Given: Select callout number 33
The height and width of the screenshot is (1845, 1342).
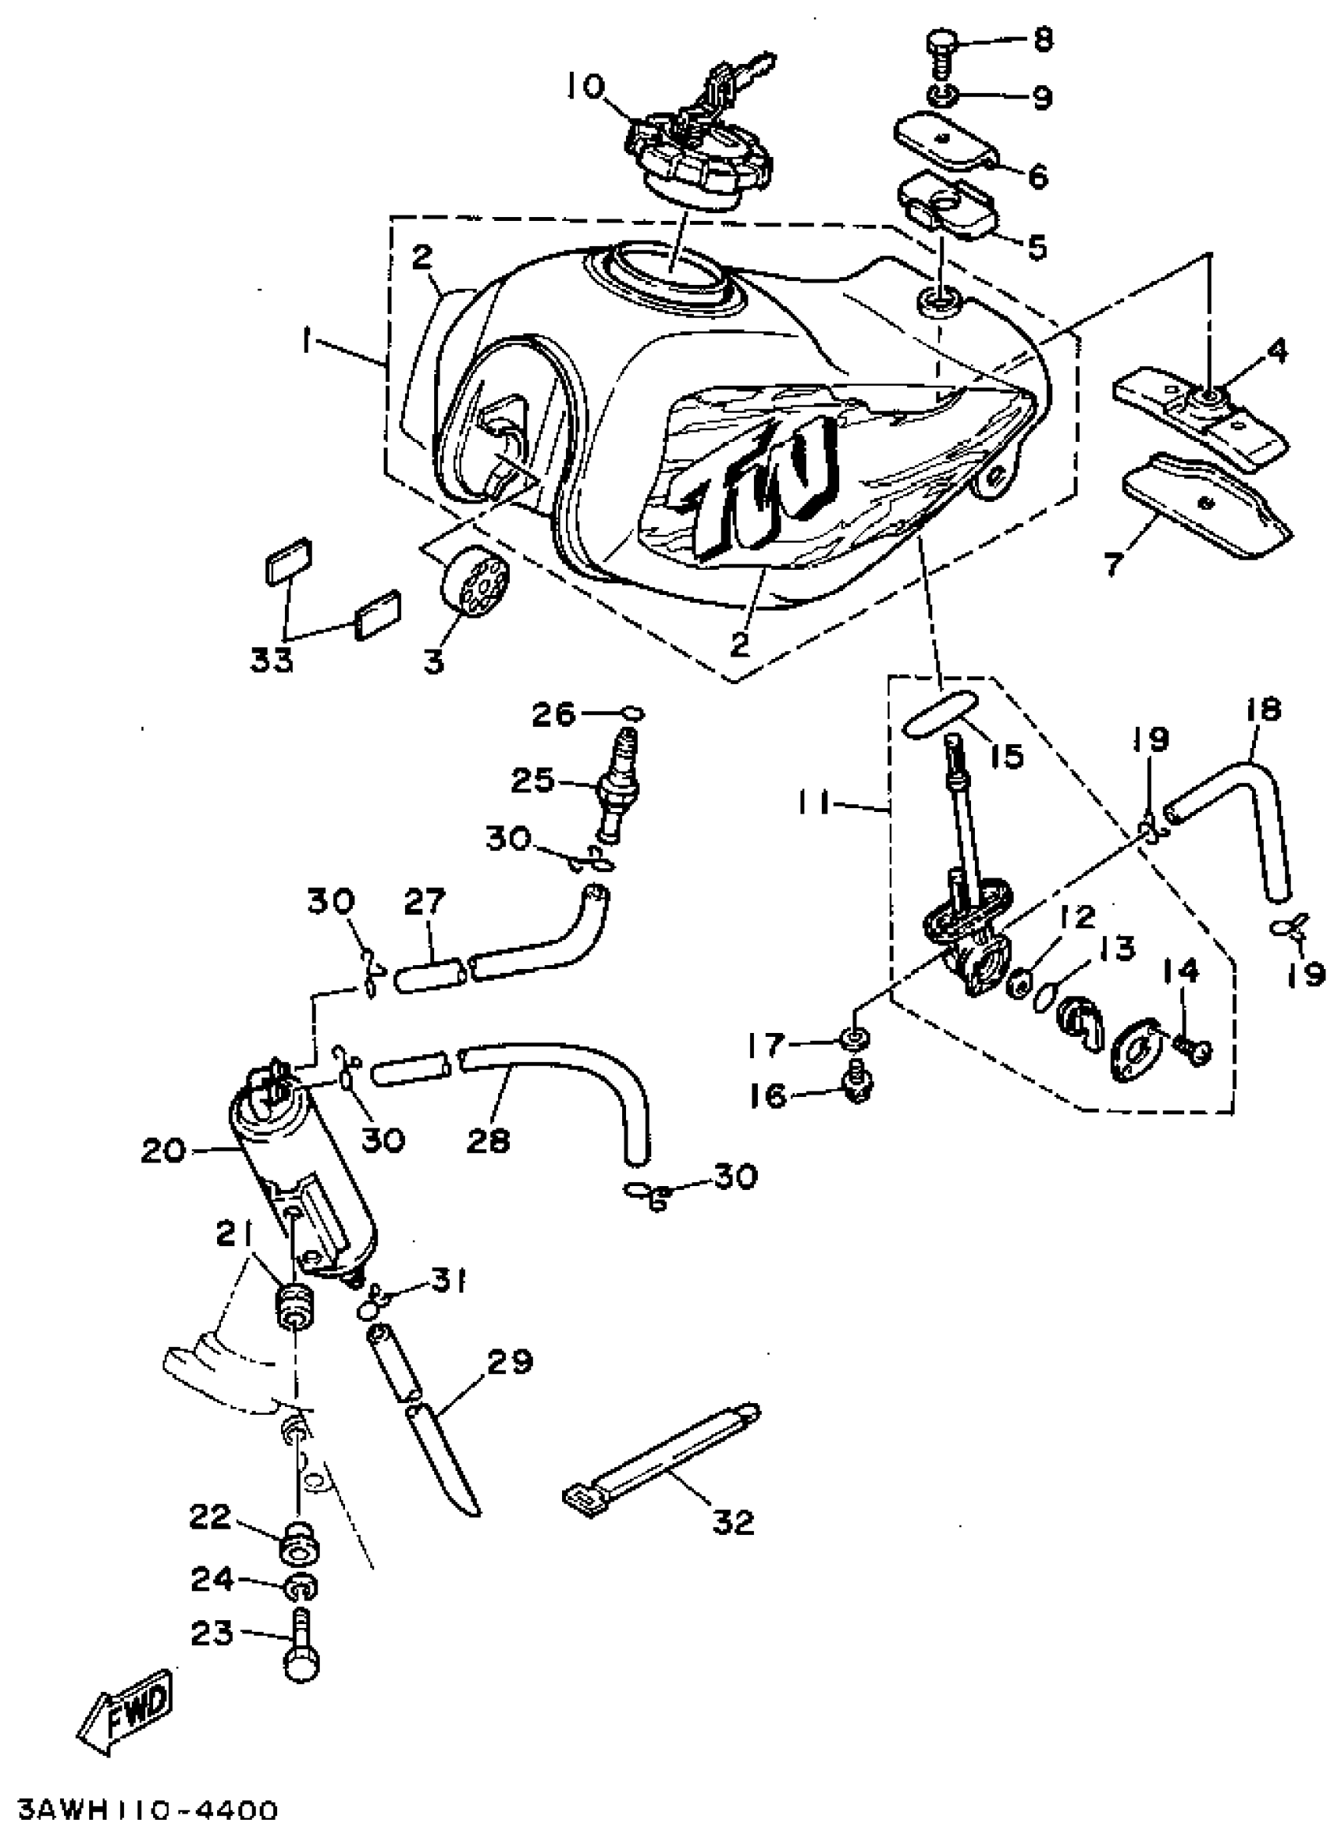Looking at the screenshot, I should tap(270, 661).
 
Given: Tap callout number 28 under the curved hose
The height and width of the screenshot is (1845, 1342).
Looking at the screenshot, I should tap(489, 1140).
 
